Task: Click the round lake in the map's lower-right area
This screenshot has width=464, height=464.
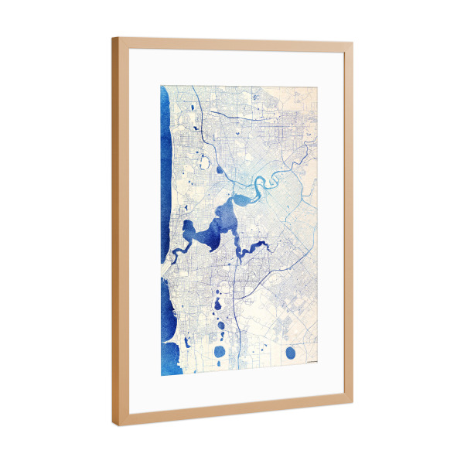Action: (x=290, y=353)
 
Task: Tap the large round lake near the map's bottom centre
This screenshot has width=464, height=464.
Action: (x=219, y=353)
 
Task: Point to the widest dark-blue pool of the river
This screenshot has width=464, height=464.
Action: (x=210, y=232)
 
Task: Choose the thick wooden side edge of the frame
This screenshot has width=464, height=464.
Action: (x=115, y=232)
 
